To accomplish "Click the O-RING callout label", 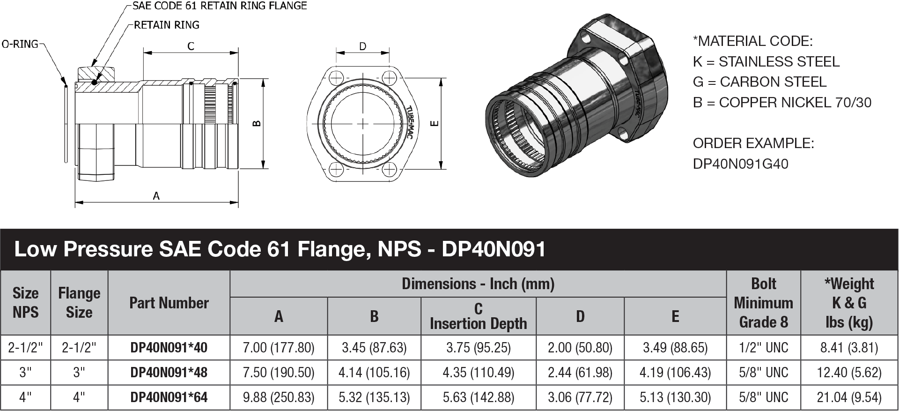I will click(20, 45).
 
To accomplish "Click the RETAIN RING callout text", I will click(166, 25).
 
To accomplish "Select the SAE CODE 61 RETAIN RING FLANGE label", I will click(220, 6).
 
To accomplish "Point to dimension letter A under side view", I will click(156, 196).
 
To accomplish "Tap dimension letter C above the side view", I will click(191, 46).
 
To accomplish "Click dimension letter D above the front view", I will click(362, 46).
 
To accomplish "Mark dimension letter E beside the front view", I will click(434, 123).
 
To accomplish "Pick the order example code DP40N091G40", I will click(740, 164).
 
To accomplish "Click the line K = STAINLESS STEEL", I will click(766, 62).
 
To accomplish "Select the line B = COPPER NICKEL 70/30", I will click(782, 103).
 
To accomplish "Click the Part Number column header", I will click(169, 303).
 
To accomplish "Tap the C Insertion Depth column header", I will click(478, 316).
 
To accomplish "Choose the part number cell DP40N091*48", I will click(169, 373).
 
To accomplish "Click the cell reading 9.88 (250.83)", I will click(279, 397).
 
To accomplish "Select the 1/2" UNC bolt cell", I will click(763, 348).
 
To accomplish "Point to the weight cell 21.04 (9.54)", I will click(849, 397).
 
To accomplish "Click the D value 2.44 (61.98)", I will click(580, 373).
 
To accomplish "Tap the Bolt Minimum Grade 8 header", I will click(763, 303).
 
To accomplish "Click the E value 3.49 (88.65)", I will click(675, 348).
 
